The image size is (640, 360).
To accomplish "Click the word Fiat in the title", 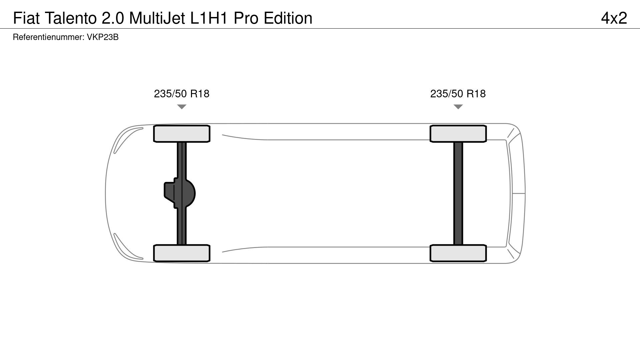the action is click(26, 18).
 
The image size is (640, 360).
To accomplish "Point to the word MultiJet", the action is click(157, 18).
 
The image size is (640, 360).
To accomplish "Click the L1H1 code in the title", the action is click(209, 18).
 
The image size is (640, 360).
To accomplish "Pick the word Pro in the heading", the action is click(246, 18).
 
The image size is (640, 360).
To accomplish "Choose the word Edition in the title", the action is click(288, 18).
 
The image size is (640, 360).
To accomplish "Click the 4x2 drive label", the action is click(614, 18).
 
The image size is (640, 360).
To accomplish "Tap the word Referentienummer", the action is click(49, 37).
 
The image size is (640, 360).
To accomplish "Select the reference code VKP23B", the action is click(103, 37).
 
